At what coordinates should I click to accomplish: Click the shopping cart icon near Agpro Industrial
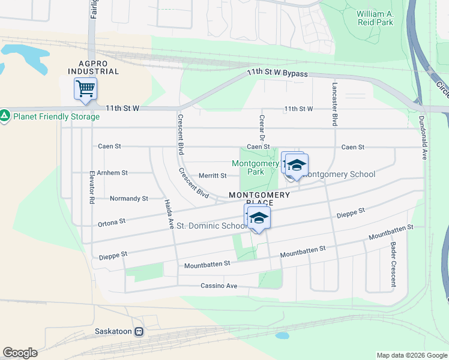85,89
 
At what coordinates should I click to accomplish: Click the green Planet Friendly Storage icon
5,114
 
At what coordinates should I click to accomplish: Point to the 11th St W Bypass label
277,74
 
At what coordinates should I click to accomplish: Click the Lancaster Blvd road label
334,103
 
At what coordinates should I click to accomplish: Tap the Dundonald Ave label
423,137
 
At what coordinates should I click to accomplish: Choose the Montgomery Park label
256,167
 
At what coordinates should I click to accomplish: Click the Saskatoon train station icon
139,331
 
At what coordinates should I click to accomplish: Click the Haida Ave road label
169,214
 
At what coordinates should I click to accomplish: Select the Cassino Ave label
219,286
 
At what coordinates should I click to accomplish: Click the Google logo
20,353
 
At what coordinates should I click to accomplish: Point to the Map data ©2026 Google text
411,355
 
